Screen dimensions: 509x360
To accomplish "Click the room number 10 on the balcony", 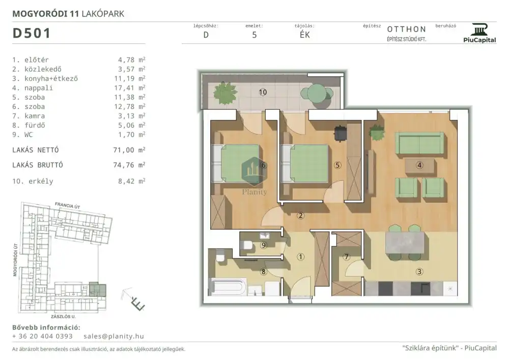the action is click(263, 92).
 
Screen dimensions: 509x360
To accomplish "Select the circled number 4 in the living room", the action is click(419, 165).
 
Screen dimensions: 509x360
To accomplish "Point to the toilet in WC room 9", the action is click(247, 245).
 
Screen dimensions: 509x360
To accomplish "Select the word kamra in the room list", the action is click(35, 116).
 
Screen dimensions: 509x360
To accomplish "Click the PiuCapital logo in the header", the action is click(479, 33).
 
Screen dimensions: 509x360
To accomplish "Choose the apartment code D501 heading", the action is click(32, 33).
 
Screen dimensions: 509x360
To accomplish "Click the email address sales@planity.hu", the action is click(114, 336).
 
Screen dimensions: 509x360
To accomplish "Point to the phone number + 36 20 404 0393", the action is click(42, 336).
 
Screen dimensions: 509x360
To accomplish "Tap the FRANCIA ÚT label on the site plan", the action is click(67, 205).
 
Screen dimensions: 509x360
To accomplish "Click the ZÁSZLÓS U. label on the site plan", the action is click(63, 316).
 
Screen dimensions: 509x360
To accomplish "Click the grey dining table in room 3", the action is click(405, 243).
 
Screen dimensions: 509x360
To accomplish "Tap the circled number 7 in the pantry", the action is click(346, 257).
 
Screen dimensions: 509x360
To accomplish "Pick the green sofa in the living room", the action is click(419, 143).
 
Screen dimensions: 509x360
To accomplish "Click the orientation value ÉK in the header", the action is click(305, 35).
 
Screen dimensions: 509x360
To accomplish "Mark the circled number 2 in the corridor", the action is click(301, 215).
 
